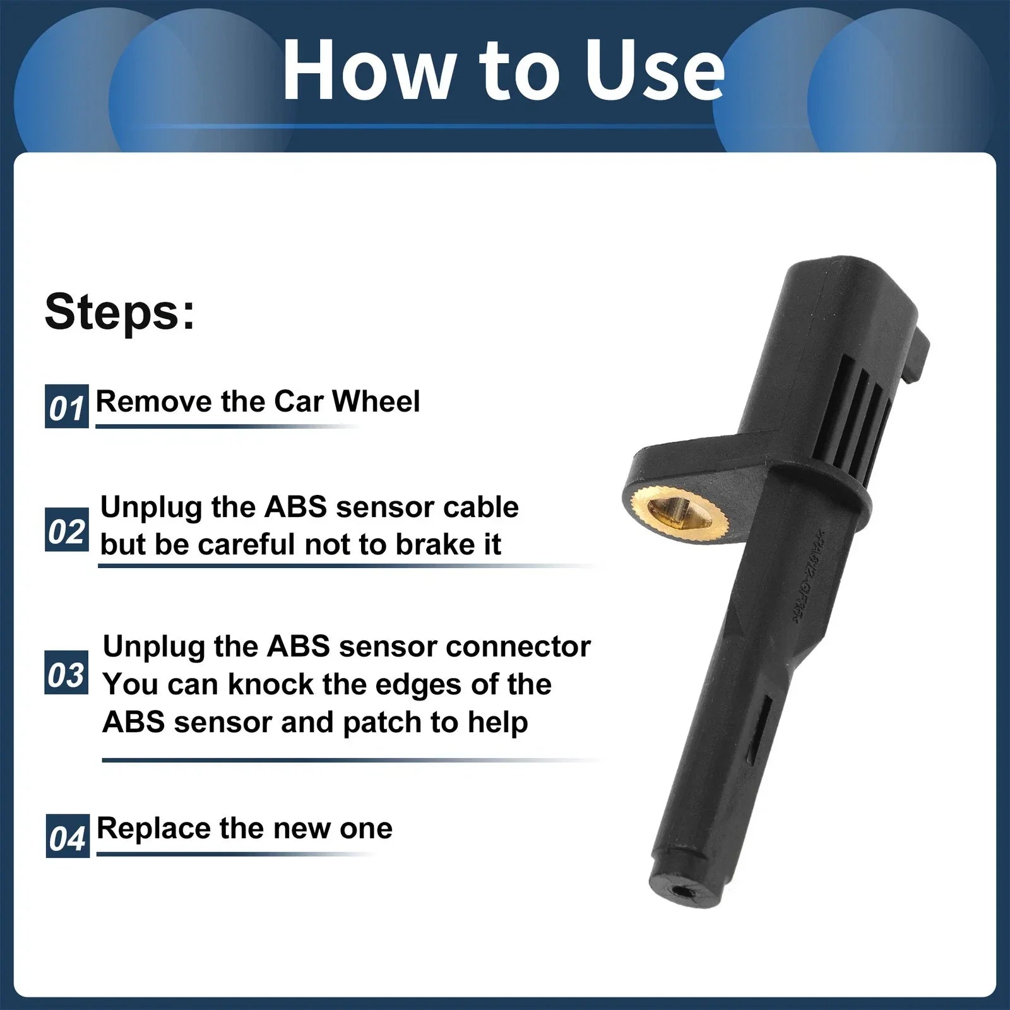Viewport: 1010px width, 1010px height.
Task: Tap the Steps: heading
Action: point(120,311)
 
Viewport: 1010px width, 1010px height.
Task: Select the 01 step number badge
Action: point(67,407)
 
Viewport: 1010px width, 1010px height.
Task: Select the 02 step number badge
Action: point(67,530)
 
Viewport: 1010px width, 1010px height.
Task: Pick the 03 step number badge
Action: point(66,674)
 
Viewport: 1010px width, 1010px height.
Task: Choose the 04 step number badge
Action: point(68,836)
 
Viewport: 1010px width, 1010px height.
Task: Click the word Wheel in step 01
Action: point(376,401)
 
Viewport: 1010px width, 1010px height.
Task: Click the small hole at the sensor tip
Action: point(682,891)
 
